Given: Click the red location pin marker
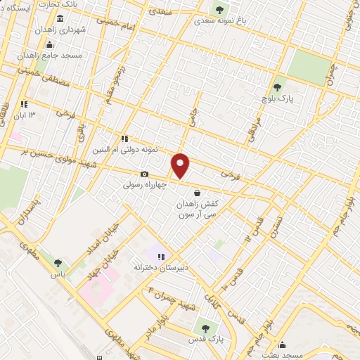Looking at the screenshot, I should [x=181, y=166].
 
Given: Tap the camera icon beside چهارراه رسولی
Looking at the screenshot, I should [x=144, y=174].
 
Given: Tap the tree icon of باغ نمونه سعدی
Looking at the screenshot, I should [x=219, y=10].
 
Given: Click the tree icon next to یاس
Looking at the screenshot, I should [x=58, y=263].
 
